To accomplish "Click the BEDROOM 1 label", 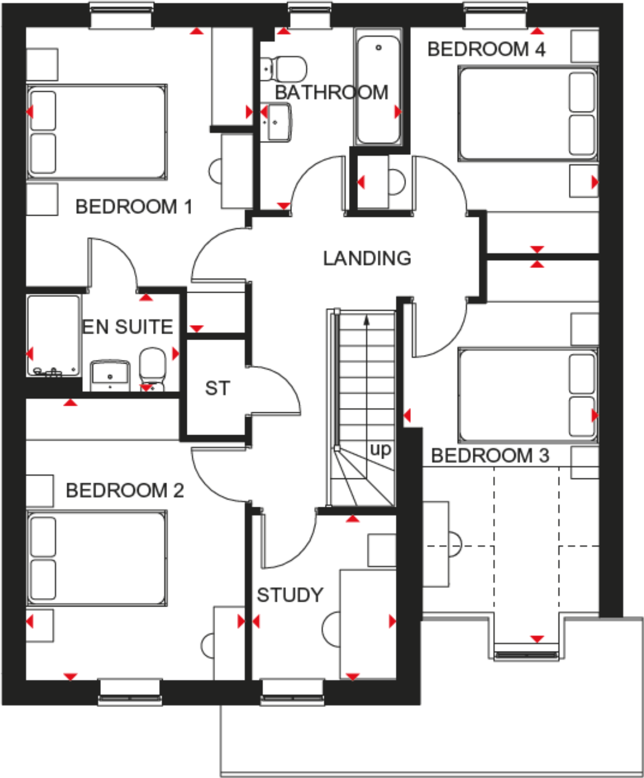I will point(133,207).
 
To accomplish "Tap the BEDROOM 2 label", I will point(124,490).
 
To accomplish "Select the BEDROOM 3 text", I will point(490,455).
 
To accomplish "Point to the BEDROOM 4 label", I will point(486,49).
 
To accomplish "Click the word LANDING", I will point(367,258).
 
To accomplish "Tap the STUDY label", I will point(290,595).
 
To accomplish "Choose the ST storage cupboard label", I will point(217,388).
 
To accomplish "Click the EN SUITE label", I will point(128,327).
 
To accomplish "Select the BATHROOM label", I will point(331,92).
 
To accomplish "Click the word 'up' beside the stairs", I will point(380,449).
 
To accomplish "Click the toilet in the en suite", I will point(153,366).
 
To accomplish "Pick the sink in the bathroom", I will point(277,122).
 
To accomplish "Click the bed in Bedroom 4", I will point(527,113).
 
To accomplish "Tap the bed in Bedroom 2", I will point(97,558).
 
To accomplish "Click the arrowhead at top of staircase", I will point(367,320).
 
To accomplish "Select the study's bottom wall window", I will point(292,693).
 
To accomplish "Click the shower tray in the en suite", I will point(53,335).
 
